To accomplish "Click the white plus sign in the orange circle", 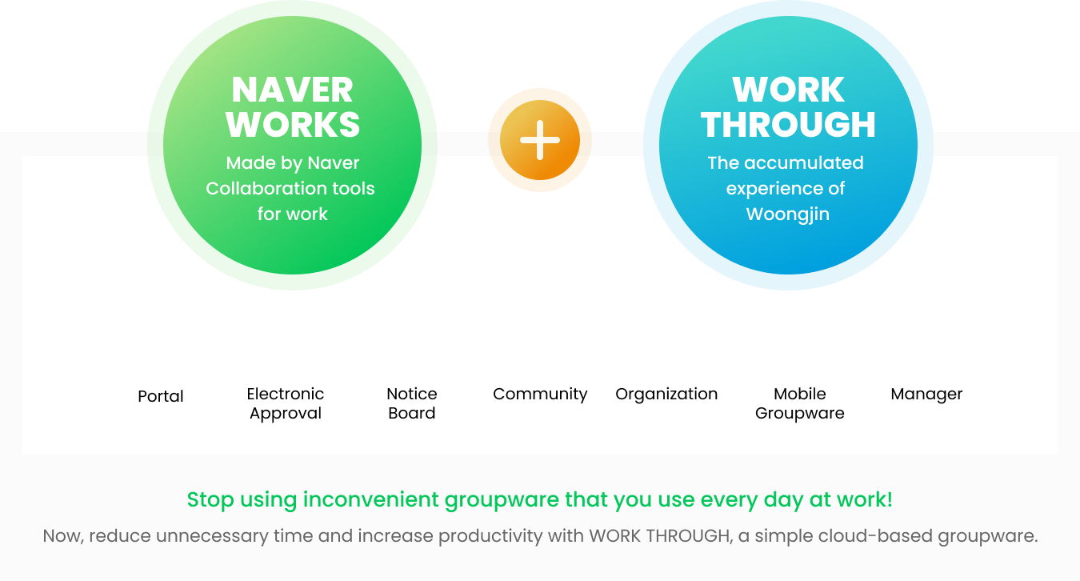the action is pyautogui.click(x=540, y=140).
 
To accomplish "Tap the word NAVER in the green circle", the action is pyautogui.click(x=292, y=90).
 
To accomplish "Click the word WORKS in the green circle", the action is pyautogui.click(x=293, y=125).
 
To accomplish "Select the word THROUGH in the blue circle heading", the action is pyautogui.click(x=788, y=125).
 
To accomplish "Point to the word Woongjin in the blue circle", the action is pyautogui.click(x=788, y=214).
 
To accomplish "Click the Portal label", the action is pyautogui.click(x=161, y=396).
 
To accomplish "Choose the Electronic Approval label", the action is pyautogui.click(x=286, y=403).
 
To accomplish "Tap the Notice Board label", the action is pyautogui.click(x=412, y=403).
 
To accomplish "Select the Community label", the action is pyautogui.click(x=540, y=395).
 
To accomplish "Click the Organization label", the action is pyautogui.click(x=666, y=395).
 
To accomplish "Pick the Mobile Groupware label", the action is pyautogui.click(x=799, y=403).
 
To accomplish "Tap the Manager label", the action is pyautogui.click(x=926, y=395).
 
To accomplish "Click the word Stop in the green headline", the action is pyautogui.click(x=210, y=500).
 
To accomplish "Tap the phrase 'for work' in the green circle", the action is pyautogui.click(x=292, y=214).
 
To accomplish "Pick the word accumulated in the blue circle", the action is pyautogui.click(x=804, y=163).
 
